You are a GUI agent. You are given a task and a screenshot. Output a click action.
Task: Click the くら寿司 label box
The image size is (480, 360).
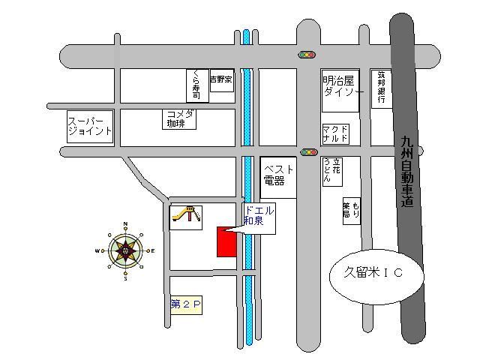click(x=196, y=85)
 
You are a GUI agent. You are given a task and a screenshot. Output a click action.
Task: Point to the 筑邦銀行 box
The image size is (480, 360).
click(x=381, y=88)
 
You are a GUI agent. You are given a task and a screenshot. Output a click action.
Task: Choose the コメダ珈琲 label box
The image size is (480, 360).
click(x=180, y=118)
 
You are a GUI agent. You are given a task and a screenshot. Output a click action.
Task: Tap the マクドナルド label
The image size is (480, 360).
click(x=335, y=134)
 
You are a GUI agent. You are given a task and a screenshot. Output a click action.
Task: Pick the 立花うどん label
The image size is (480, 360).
click(x=332, y=172)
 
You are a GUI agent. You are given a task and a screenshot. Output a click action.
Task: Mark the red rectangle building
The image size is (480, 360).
click(x=226, y=241)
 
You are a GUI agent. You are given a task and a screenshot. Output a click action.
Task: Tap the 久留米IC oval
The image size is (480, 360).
click(x=377, y=273)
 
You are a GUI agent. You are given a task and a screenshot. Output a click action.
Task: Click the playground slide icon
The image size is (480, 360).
click(x=186, y=216)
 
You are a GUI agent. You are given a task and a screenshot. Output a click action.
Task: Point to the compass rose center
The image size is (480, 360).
click(x=125, y=251)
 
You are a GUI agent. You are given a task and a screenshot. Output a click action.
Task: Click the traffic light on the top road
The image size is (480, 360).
click(x=307, y=55)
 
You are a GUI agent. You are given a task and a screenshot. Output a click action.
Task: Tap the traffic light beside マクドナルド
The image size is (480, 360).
click(x=309, y=152)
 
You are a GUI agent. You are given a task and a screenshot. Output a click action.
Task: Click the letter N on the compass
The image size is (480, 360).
click(x=125, y=224)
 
